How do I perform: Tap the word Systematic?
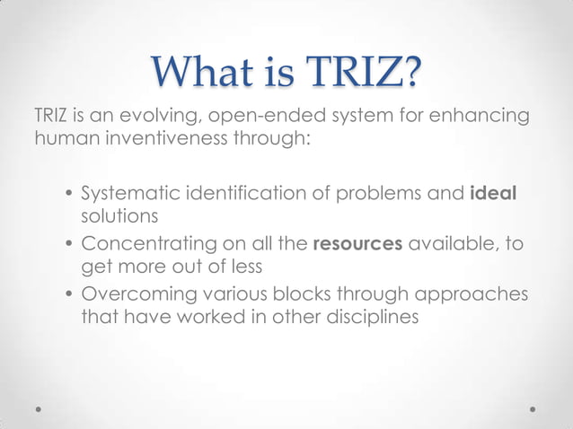pyautogui.click(x=136, y=195)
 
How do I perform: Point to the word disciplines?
pyautogui.click(x=369, y=316)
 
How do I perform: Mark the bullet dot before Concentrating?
pyautogui.click(x=68, y=246)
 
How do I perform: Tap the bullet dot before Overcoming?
pyautogui.click(x=68, y=295)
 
